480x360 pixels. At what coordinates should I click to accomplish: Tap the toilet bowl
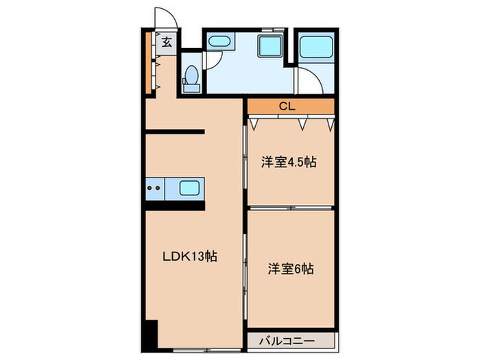[x=192, y=73]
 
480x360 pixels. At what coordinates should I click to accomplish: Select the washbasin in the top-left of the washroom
[x=219, y=42]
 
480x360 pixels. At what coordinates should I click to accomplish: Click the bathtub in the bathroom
[x=316, y=46]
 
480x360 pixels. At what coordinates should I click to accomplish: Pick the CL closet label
[x=287, y=106]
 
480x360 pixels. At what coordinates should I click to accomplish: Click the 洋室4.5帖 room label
[x=287, y=163]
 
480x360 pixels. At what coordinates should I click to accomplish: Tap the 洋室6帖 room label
[x=290, y=269]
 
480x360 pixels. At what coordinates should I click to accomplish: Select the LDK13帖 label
[x=189, y=256]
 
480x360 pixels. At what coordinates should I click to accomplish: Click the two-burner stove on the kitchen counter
[x=154, y=187]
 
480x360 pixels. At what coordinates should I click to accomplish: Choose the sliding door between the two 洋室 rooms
[x=291, y=208]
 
